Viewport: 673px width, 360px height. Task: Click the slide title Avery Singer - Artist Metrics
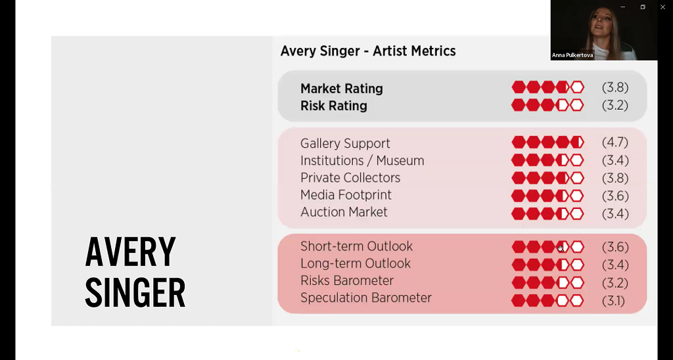coord(368,51)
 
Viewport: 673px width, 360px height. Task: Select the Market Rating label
coord(342,89)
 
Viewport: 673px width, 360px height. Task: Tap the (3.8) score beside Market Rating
coord(615,87)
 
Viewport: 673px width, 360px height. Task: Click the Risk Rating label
coord(333,106)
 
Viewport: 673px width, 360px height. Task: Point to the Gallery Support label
coord(345,143)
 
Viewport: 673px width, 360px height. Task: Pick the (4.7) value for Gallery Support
coord(615,143)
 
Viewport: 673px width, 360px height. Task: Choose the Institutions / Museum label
coord(362,160)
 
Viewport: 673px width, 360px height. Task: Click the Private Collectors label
coord(350,177)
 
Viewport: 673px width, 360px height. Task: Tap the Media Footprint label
coord(346,195)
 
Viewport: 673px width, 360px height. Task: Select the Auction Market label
coord(344,212)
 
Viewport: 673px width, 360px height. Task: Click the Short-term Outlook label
coord(356,246)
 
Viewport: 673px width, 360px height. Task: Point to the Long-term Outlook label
coord(356,263)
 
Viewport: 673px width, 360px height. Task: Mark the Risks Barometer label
coord(347,281)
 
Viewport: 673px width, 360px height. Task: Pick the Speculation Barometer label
coord(365,298)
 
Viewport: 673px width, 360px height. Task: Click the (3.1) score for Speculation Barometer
coord(613,301)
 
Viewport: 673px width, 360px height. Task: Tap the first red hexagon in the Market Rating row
coord(519,87)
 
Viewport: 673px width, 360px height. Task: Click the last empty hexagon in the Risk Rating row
coord(577,105)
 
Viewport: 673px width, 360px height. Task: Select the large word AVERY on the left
coord(131,252)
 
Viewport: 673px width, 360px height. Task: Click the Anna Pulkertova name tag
coord(572,55)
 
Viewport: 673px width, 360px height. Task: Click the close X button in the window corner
coord(662,7)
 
